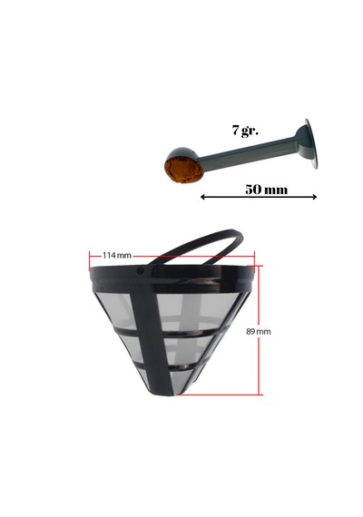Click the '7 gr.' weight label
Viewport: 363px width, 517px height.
click(245, 131)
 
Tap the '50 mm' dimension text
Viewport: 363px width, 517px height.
click(266, 190)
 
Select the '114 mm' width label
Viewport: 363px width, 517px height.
click(116, 255)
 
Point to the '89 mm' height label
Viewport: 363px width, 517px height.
click(258, 331)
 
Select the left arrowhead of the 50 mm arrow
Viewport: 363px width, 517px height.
click(203, 197)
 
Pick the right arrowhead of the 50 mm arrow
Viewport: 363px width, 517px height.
click(314, 197)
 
